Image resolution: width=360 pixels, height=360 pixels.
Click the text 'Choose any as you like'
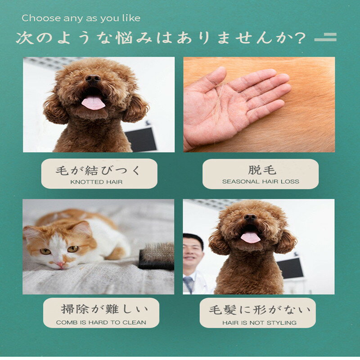[x=81, y=18]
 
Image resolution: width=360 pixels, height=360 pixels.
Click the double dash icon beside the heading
[x=325, y=38]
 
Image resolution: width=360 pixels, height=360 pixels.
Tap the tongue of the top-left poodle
[x=93, y=103]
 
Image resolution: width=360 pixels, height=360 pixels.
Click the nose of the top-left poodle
[x=93, y=79]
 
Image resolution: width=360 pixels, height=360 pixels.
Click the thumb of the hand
[x=211, y=79]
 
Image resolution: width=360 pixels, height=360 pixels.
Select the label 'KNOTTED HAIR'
[x=96, y=182]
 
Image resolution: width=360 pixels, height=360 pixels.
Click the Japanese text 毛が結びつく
[x=99, y=170]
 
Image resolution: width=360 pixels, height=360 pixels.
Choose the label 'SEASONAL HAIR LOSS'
[x=261, y=182]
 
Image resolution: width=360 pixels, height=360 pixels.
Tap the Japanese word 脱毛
[x=261, y=170]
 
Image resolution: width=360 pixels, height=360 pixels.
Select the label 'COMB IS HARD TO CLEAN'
[x=101, y=322]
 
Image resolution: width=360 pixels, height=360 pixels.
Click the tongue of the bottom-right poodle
[x=250, y=237]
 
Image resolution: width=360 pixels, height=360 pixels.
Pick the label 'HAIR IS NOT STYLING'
[x=259, y=322]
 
